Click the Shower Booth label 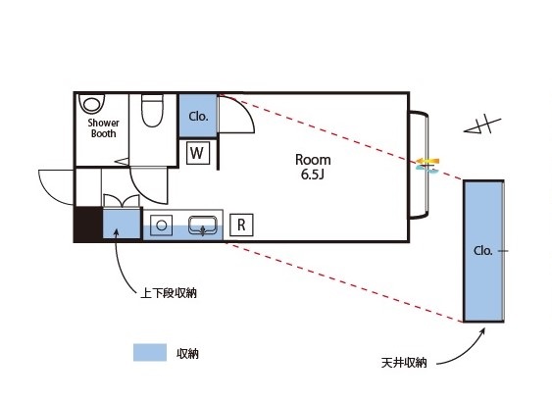click(103, 128)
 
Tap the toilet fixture click(152, 110)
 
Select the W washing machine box click(197, 153)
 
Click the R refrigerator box click(241, 225)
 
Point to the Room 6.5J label click(313, 167)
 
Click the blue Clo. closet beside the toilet click(198, 116)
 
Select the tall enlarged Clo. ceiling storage click(483, 251)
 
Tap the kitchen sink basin click(203, 225)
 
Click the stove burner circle click(161, 225)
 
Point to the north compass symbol click(482, 125)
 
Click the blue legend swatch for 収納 click(150, 352)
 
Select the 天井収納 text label click(404, 363)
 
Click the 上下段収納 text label click(169, 293)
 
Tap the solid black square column click(88, 224)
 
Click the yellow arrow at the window click(428, 162)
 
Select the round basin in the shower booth click(92, 104)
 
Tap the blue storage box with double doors click(122, 224)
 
